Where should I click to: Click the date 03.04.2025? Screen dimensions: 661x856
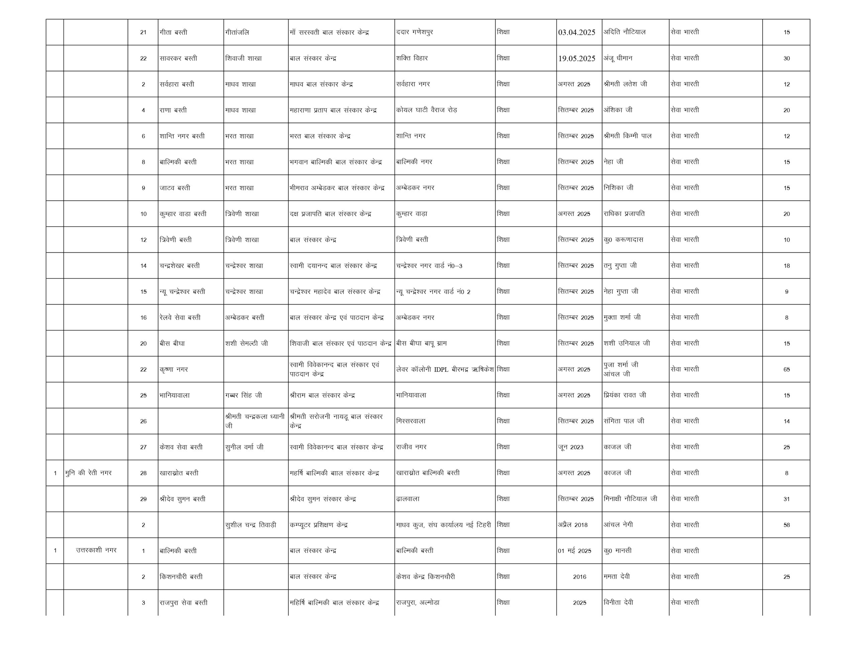click(x=576, y=32)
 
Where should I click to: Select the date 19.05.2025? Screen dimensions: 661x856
click(x=576, y=58)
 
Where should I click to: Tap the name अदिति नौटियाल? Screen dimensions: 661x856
click(x=624, y=32)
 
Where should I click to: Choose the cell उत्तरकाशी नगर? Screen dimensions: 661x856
click(x=96, y=550)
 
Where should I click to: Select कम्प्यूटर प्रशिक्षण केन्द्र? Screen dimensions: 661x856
click(x=318, y=525)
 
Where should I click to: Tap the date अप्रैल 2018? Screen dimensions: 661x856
click(x=573, y=525)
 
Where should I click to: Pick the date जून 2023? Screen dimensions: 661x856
click(x=571, y=447)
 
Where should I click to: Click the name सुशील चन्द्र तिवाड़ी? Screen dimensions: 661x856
click(x=250, y=525)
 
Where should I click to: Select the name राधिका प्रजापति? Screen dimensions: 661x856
click(x=624, y=214)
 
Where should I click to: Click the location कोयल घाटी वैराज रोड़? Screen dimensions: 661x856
click(x=426, y=110)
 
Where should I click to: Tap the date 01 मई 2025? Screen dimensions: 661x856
click(x=574, y=551)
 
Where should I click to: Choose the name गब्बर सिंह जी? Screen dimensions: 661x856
click(x=243, y=395)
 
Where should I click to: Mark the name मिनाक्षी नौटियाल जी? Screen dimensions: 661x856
click(x=630, y=499)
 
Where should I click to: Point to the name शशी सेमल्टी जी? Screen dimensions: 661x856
click(x=246, y=344)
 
